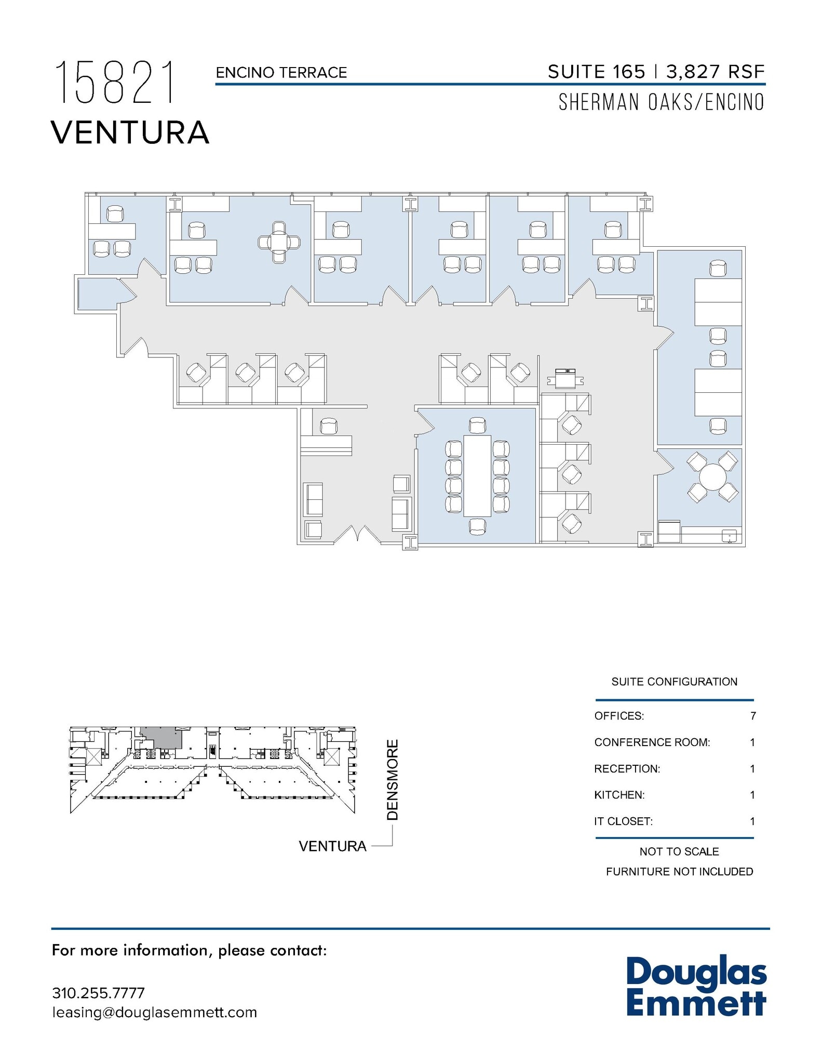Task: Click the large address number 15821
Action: (115, 83)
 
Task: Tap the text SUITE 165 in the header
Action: (596, 72)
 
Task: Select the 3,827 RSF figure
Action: (715, 72)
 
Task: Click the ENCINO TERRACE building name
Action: (281, 73)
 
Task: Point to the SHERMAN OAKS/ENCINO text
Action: (661, 102)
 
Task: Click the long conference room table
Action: (477, 476)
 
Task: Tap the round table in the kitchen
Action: (712, 476)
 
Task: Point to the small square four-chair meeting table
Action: (279, 242)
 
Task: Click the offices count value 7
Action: (753, 716)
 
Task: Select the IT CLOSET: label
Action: (623, 821)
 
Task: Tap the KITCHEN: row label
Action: (619, 795)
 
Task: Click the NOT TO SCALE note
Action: (679, 852)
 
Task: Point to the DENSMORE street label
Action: (393, 779)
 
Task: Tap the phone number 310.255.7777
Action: (98, 993)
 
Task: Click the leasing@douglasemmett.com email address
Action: (154, 1012)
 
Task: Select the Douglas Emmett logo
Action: (696, 987)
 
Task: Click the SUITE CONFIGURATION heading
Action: (674, 682)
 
